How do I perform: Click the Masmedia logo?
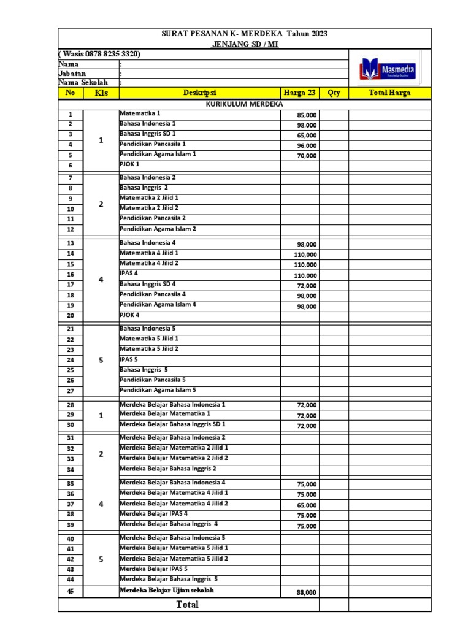(388, 70)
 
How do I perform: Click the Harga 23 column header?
(300, 93)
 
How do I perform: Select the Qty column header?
(334, 93)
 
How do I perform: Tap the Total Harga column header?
(389, 93)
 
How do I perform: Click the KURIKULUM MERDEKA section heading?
(243, 104)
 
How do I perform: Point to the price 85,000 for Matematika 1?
(307, 115)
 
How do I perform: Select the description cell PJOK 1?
(130, 164)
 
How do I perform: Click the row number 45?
(71, 591)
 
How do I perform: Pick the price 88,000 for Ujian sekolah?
(307, 592)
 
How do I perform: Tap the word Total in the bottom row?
(188, 605)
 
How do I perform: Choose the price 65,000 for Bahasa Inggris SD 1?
(307, 136)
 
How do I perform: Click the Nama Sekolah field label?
(83, 83)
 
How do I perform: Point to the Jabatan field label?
(72, 73)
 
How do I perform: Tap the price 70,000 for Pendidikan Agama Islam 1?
(307, 156)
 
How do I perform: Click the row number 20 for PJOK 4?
(71, 316)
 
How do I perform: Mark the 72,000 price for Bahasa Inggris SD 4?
(307, 286)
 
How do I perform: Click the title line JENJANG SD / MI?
(244, 45)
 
